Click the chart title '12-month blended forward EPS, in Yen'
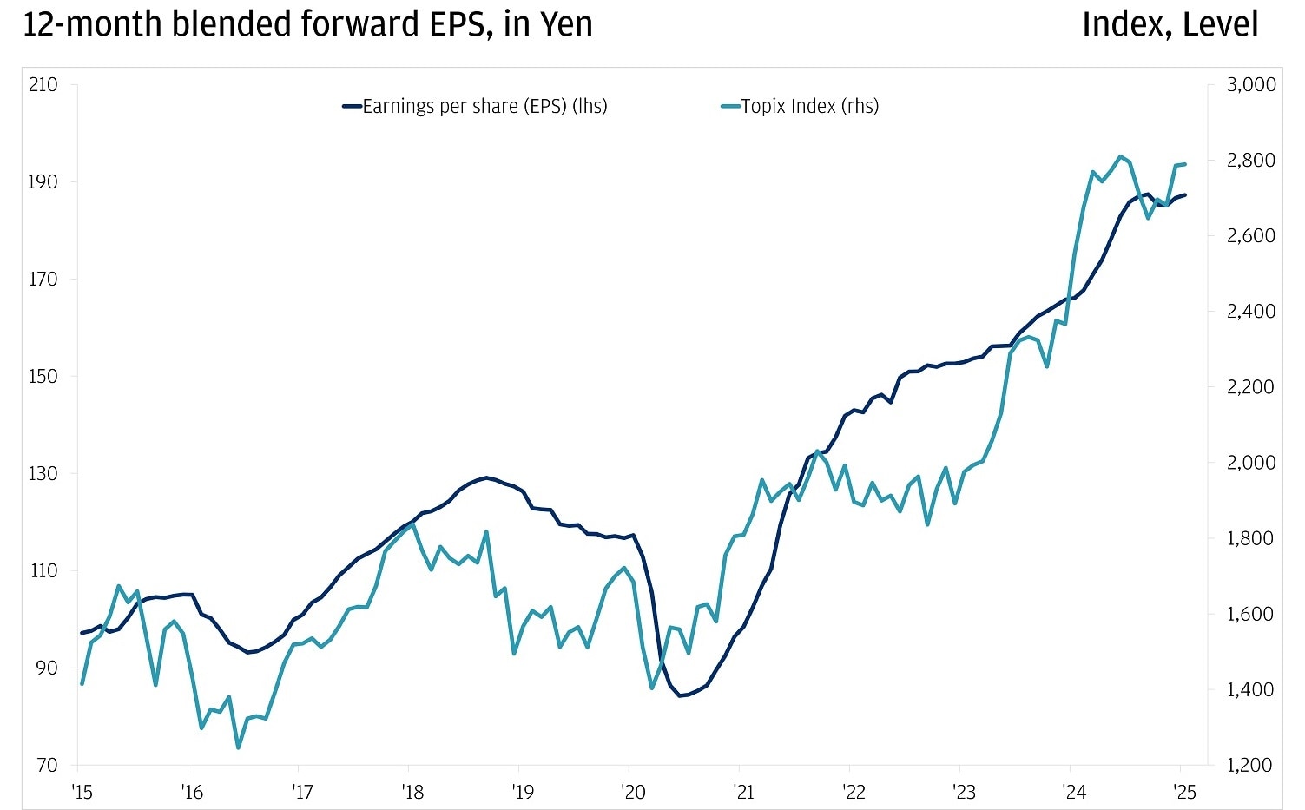pyautogui.click(x=307, y=24)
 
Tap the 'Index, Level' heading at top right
pyautogui.click(x=1169, y=24)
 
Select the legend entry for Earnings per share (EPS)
pyautogui.click(x=475, y=107)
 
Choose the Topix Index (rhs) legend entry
pyautogui.click(x=800, y=107)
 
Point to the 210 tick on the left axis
pyautogui.click(x=43, y=85)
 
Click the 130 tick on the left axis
pyautogui.click(x=43, y=474)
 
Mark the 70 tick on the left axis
pyautogui.click(x=46, y=766)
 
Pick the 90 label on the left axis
pyautogui.click(x=46, y=668)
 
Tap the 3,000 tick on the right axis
pyautogui.click(x=1250, y=85)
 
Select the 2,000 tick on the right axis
pyautogui.click(x=1250, y=463)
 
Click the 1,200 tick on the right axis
pyautogui.click(x=1250, y=766)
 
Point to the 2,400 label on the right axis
pyautogui.click(x=1250, y=312)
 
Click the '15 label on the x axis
pyautogui.click(x=82, y=792)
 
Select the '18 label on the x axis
pyautogui.click(x=412, y=792)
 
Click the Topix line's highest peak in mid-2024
pyautogui.click(x=1121, y=156)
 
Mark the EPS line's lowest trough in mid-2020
pyautogui.click(x=680, y=695)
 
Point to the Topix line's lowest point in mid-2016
pyautogui.click(x=238, y=747)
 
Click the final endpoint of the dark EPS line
pyautogui.click(x=1185, y=194)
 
